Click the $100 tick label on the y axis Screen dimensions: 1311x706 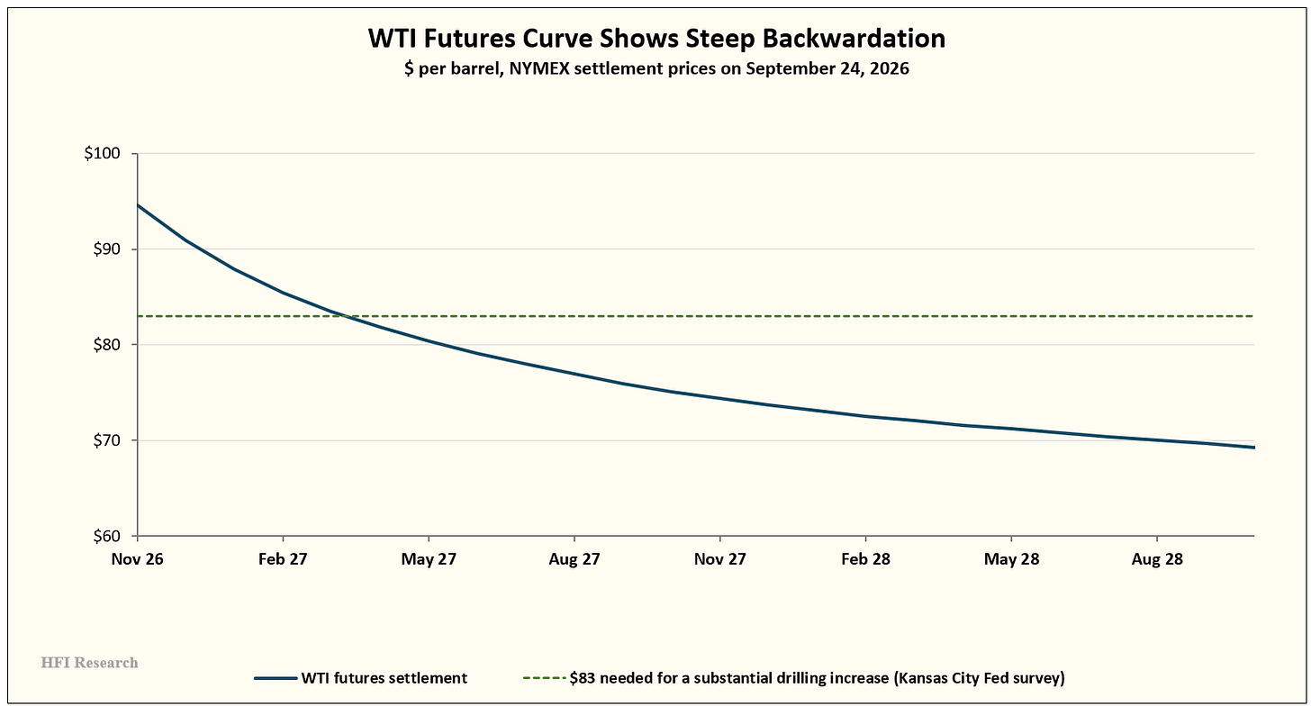coord(102,153)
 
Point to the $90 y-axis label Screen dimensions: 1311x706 coord(106,249)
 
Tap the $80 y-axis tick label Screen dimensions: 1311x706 coord(106,344)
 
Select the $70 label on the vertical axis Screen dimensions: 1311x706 coord(106,440)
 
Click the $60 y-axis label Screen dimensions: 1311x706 coord(106,536)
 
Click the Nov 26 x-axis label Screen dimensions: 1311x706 coord(138,559)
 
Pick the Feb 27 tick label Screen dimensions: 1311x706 coord(283,559)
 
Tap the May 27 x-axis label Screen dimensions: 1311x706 coord(429,559)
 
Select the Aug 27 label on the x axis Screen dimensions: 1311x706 coord(574,559)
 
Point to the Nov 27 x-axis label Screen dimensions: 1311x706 coord(720,559)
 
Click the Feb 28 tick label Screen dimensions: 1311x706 coord(865,559)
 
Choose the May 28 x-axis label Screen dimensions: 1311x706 coord(1011,559)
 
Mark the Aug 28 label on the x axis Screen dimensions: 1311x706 coord(1157,559)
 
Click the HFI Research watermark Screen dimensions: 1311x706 coord(89,663)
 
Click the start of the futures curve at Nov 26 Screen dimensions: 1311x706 coord(138,205)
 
